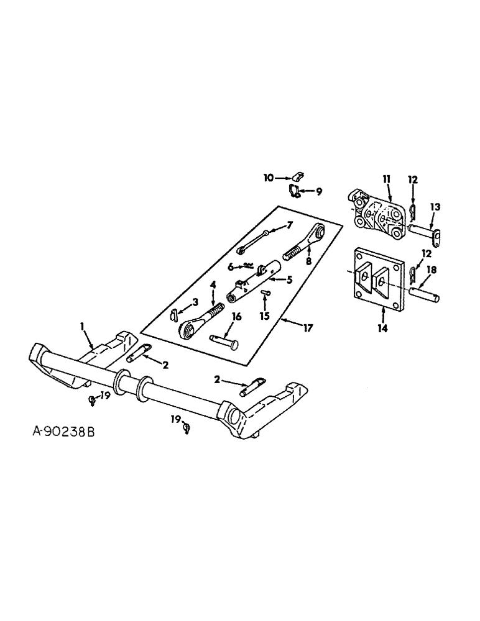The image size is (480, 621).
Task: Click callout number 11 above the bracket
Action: point(386,178)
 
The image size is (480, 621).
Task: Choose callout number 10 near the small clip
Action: point(268,178)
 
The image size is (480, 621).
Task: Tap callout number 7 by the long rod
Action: point(289,224)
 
